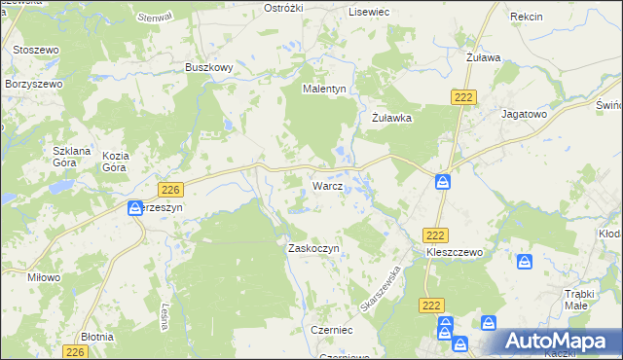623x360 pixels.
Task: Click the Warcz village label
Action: [x=326, y=185]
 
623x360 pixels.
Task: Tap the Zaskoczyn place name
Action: [x=312, y=248]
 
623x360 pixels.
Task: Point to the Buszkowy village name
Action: [x=208, y=68]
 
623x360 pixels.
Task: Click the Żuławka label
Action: [x=393, y=118]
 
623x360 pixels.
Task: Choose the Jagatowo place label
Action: [x=524, y=114]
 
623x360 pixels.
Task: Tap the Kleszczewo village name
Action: [x=455, y=252]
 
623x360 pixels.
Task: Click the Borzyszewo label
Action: [x=33, y=85]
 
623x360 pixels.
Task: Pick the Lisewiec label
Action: [x=369, y=11]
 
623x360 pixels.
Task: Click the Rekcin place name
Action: [x=526, y=18]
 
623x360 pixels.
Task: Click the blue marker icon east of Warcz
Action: [x=443, y=182]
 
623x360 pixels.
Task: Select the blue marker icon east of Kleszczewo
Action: [x=525, y=262]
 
